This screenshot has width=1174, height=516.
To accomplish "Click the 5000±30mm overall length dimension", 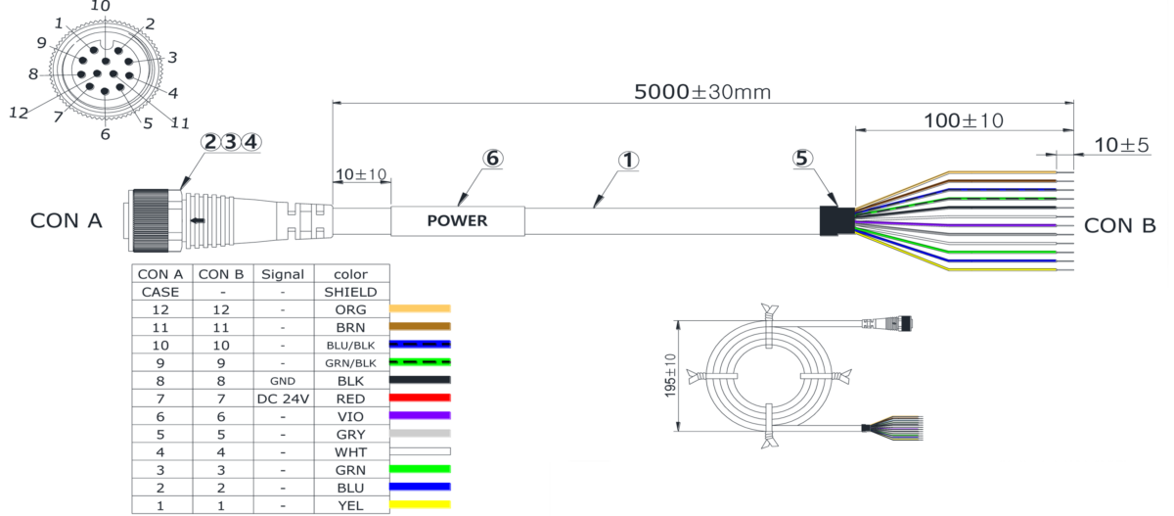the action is [x=702, y=92].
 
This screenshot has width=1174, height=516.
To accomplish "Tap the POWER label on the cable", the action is [x=457, y=220].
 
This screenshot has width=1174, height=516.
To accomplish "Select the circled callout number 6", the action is [x=493, y=158].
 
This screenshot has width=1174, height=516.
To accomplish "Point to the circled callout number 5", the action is [x=802, y=158].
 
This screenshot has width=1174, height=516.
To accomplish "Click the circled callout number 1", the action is [x=628, y=161].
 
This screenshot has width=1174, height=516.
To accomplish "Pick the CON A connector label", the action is [x=67, y=220].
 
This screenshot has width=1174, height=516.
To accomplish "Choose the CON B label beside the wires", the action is [x=1119, y=226].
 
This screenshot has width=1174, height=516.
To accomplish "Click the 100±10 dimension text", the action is [x=964, y=121].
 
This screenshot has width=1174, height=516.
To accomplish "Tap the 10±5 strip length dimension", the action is [x=1121, y=145].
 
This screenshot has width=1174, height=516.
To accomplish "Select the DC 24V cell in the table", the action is [x=283, y=399].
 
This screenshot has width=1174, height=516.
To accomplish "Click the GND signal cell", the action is [x=283, y=381].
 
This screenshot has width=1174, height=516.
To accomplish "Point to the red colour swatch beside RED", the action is [x=420, y=398].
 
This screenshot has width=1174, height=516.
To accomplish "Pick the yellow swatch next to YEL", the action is [x=420, y=505].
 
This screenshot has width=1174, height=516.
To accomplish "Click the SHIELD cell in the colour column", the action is [x=350, y=292].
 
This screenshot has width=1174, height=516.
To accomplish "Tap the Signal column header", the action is [x=283, y=274].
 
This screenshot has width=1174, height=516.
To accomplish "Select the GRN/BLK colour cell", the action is [x=350, y=363].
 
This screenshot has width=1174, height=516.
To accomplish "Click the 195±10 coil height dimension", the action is [x=670, y=375].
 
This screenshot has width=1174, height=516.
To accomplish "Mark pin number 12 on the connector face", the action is [x=19, y=113].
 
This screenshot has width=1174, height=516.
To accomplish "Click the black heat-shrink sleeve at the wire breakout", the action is [x=837, y=220].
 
